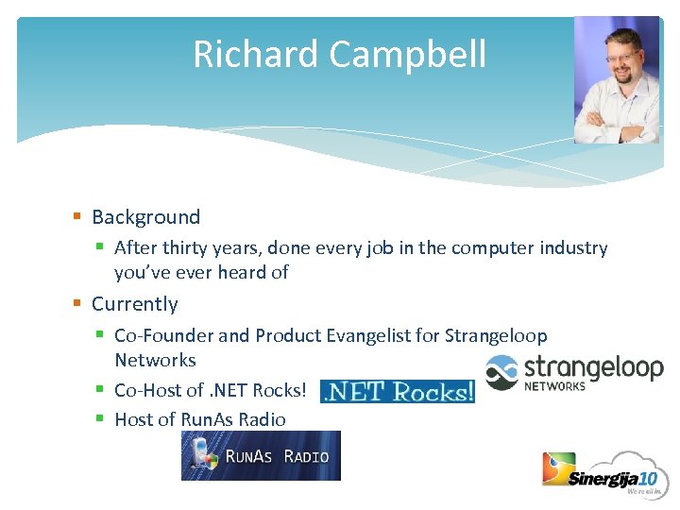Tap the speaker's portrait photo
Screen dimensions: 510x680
(618, 80)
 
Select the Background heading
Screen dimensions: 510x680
(145, 217)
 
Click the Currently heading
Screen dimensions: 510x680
(134, 304)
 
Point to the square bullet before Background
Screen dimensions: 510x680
(77, 217)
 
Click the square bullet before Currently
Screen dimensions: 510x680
(77, 304)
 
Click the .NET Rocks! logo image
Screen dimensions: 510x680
(397, 391)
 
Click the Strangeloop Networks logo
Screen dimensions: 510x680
(574, 372)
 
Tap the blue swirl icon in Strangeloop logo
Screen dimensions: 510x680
(501, 372)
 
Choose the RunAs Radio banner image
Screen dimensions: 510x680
(261, 455)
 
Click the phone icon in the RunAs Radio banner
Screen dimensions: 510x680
(200, 455)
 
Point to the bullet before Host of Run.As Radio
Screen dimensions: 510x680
(100, 419)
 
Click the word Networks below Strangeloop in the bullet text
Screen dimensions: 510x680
(155, 360)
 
